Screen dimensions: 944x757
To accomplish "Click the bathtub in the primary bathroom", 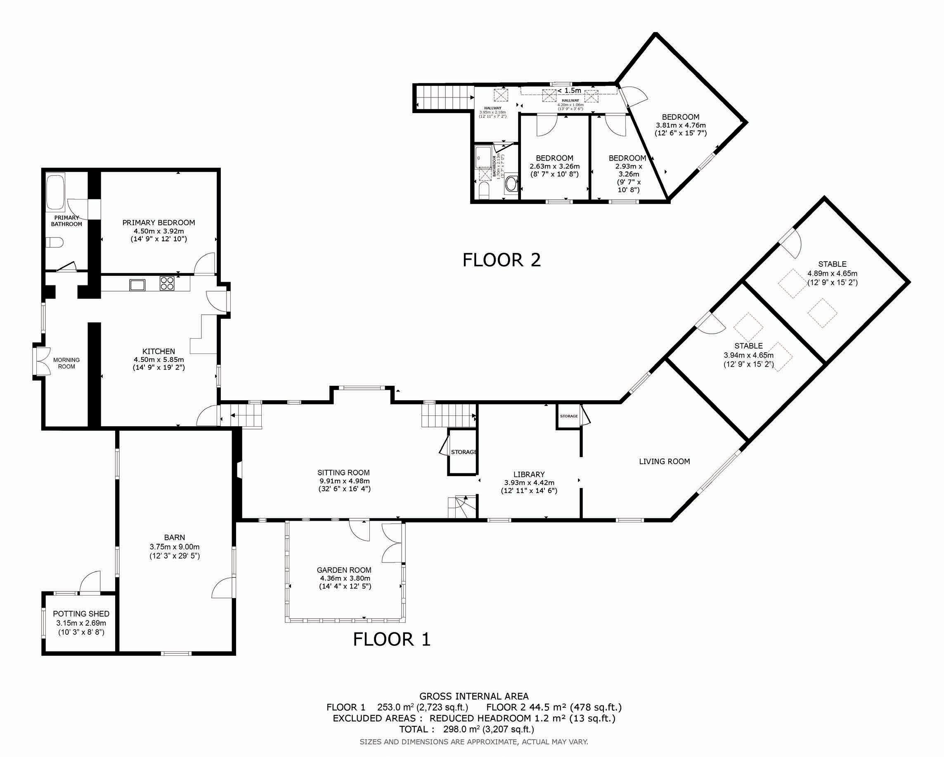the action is pyautogui.click(x=56, y=192).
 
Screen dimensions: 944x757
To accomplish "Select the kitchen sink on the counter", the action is pyautogui.click(x=136, y=285).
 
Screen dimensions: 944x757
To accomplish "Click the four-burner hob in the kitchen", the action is pyautogui.click(x=167, y=283).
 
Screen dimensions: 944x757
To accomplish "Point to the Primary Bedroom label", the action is pyautogui.click(x=159, y=223).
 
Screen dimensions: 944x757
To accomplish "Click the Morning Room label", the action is pyautogui.click(x=66, y=363).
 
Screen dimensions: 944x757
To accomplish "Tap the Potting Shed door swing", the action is pyautogui.click(x=91, y=581).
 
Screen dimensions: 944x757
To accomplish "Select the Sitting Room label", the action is pyautogui.click(x=344, y=473).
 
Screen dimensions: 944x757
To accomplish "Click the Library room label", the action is pyautogui.click(x=529, y=474).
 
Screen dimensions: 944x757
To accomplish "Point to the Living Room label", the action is pyautogui.click(x=664, y=461).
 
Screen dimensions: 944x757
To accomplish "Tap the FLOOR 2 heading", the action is pyautogui.click(x=502, y=260).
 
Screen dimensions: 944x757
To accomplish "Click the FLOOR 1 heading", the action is pyautogui.click(x=392, y=639).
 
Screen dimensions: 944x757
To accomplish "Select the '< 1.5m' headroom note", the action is pyautogui.click(x=569, y=91).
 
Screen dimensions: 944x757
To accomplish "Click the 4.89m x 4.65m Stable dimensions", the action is pyautogui.click(x=833, y=277).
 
